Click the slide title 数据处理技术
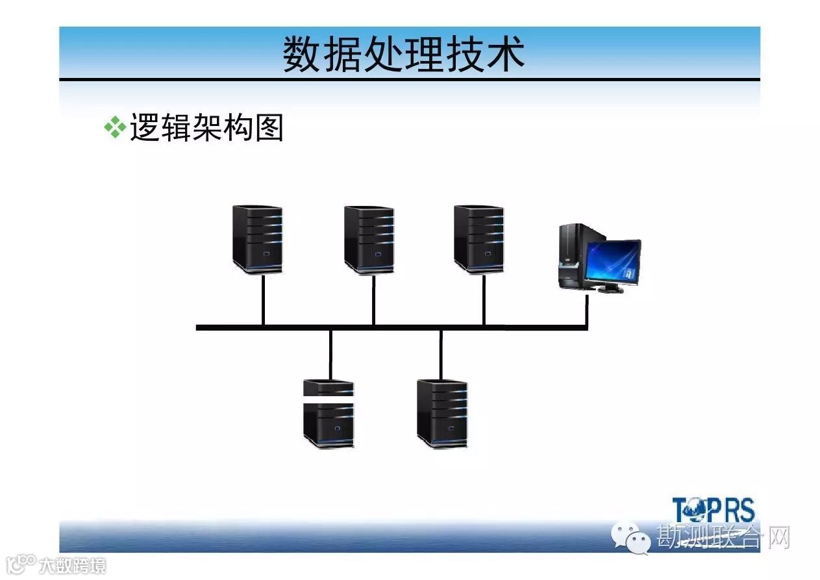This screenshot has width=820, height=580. tap(403, 55)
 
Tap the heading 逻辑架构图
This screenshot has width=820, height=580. tap(206, 128)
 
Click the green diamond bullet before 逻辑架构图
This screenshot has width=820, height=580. tap(115, 127)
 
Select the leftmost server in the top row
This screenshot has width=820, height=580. tap(258, 238)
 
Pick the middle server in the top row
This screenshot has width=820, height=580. tap(369, 239)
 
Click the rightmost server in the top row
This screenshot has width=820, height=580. tap(478, 238)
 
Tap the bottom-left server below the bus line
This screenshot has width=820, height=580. tap(329, 414)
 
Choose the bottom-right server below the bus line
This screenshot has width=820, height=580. tap(442, 414)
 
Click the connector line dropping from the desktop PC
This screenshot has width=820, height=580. tap(587, 310)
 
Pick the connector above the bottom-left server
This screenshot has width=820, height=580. tap(330, 354)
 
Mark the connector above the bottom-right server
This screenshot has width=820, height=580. tap(441, 354)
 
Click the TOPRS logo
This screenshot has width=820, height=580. tap(714, 510)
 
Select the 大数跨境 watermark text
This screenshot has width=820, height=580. tap(71, 566)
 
